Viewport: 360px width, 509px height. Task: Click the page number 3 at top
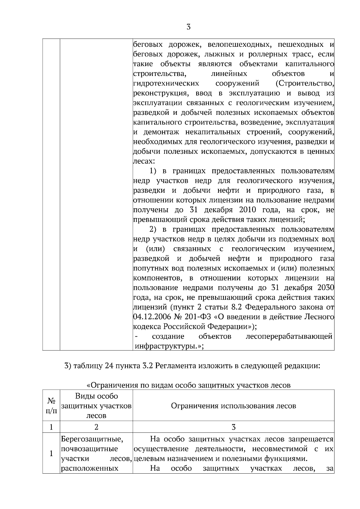click(x=188, y=27)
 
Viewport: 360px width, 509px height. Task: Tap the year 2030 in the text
click(x=326, y=288)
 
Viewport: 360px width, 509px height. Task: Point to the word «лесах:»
click(x=144, y=161)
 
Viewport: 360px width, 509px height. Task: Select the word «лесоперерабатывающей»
click(x=289, y=336)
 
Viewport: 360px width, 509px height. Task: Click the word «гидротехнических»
click(x=166, y=83)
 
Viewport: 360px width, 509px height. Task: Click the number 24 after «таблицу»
click(x=109, y=366)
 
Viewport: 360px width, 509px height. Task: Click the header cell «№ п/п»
click(x=51, y=406)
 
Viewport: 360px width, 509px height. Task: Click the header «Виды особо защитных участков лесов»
click(x=96, y=406)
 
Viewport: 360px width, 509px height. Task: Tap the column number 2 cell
click(x=96, y=427)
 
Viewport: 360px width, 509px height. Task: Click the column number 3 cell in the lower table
click(x=233, y=427)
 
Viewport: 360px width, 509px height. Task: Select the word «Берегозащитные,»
click(x=92, y=439)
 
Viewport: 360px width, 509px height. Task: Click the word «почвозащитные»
click(x=89, y=449)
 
